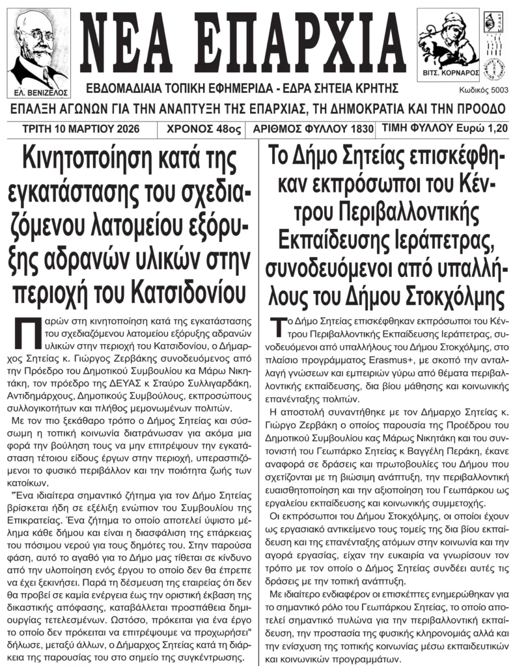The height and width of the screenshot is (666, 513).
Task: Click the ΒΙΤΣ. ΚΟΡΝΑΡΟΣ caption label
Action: pos(448,73)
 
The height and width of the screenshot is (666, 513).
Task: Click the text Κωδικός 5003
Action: pos(478,92)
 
